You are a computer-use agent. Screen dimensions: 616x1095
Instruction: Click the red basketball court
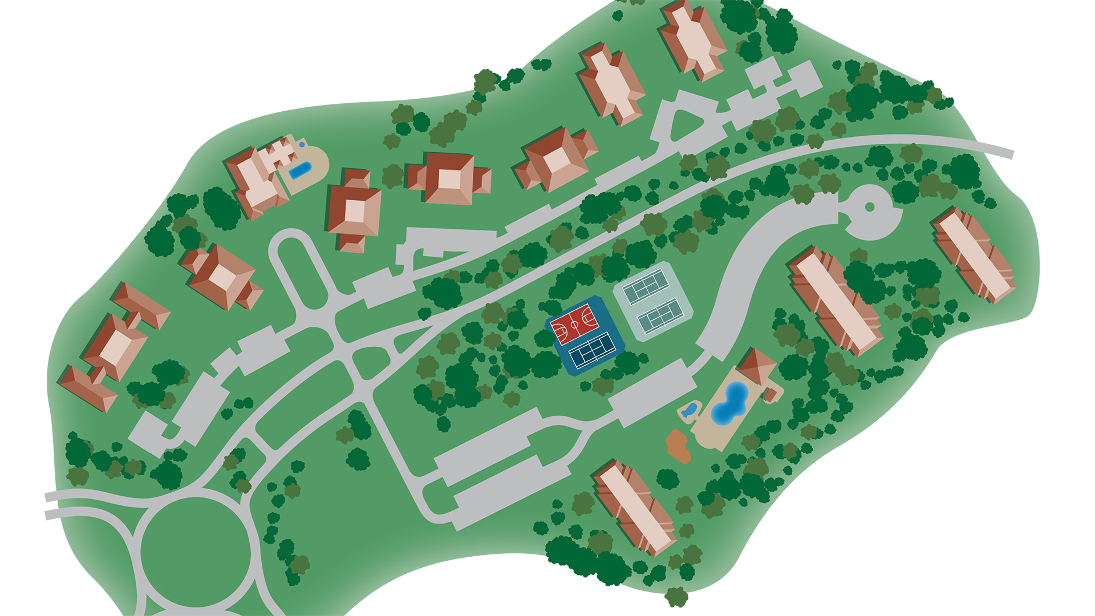[574, 325]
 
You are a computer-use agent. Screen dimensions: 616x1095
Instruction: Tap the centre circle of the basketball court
[574, 325]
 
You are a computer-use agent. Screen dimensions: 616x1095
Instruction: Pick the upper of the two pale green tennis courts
[645, 286]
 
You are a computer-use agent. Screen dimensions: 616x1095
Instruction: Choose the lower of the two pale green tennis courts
[660, 315]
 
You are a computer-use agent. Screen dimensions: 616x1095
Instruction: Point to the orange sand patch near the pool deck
[678, 445]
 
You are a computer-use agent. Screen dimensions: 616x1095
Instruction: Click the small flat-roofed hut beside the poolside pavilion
[770, 394]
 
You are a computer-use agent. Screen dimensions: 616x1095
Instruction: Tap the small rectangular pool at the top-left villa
[300, 170]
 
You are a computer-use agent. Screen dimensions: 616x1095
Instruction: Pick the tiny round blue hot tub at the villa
[302, 145]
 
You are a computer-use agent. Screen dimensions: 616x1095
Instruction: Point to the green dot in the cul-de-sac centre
[870, 207]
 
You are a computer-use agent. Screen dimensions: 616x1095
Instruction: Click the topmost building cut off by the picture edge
[692, 37]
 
